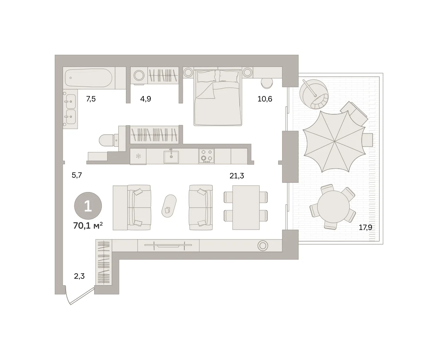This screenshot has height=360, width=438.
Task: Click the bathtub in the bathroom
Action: tap(89, 78)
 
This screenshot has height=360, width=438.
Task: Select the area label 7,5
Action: tap(91, 99)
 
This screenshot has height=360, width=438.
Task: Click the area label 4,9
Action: tap(146, 99)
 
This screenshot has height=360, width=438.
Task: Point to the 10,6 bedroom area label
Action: tap(265, 99)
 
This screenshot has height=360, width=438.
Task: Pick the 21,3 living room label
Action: tap(237, 176)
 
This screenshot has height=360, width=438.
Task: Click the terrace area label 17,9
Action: tap(365, 227)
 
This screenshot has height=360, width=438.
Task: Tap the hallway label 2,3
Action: tap(79, 276)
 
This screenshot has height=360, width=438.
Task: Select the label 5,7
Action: tap(77, 175)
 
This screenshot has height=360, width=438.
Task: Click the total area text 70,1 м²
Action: tap(88, 225)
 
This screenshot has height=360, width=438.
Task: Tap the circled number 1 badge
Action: tap(88, 206)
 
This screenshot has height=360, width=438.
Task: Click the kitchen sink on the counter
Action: tap(171, 157)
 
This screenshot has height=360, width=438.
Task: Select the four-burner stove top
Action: tap(206, 156)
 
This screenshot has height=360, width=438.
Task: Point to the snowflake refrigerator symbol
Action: tap(138, 156)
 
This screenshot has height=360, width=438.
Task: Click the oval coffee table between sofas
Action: tap(169, 206)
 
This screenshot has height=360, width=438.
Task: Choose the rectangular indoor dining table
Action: tap(246, 207)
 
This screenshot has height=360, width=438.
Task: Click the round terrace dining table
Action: tap(333, 207)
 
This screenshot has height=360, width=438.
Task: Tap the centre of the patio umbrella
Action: tap(335, 141)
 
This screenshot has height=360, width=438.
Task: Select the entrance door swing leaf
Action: tap(82, 296)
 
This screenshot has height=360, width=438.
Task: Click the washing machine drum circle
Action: tap(139, 76)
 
